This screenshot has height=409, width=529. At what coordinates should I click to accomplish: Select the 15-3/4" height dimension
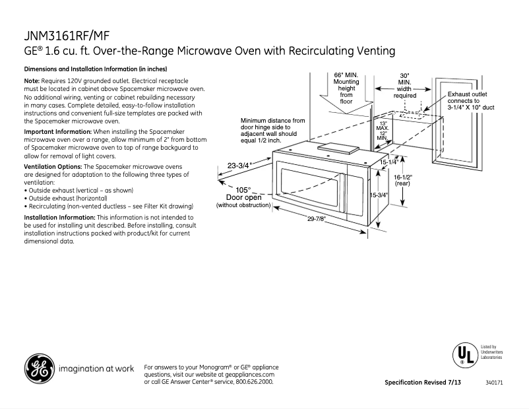(x=378, y=195)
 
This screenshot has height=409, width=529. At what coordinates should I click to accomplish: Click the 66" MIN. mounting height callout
(x=346, y=88)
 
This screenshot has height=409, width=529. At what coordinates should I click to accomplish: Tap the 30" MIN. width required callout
(x=404, y=86)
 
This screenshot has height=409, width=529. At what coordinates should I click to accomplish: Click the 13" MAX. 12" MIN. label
(x=381, y=130)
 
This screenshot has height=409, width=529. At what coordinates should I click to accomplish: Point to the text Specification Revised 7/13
(x=422, y=383)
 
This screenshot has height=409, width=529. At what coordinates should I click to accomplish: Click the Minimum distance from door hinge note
(x=273, y=131)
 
